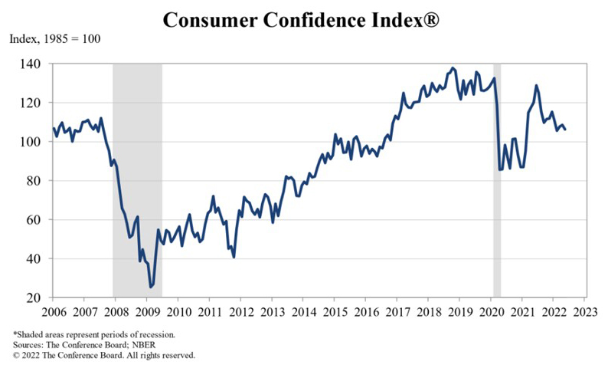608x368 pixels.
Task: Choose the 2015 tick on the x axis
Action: click(334, 312)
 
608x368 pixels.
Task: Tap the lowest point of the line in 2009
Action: click(151, 287)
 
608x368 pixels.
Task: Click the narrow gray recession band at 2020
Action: click(496, 180)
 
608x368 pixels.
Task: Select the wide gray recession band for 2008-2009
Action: click(137, 180)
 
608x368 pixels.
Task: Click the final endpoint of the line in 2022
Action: click(565, 130)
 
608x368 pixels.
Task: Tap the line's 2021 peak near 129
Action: click(536, 85)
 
